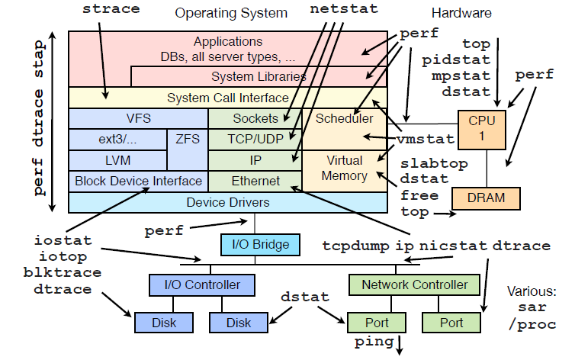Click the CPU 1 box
481,128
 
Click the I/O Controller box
202,285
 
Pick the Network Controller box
414,285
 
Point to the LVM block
117,160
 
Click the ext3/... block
117,140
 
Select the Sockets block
255,118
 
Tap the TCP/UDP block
255,140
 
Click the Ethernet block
255,182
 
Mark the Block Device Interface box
138,182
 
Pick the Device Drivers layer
227,202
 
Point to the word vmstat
426,140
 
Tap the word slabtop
434,164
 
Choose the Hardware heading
461,13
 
